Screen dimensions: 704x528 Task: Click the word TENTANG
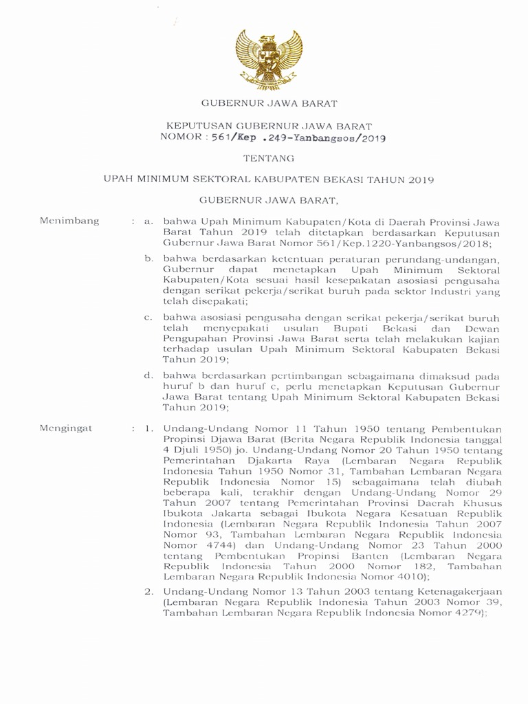[x=269, y=158]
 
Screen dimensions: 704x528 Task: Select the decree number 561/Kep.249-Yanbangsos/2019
[x=298, y=137]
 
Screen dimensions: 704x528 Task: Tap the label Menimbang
[x=69, y=221]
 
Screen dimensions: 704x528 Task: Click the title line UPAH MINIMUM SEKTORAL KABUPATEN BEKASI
[x=269, y=179]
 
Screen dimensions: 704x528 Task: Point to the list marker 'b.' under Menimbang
[x=148, y=258]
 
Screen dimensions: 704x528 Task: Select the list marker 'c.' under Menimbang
[x=148, y=318]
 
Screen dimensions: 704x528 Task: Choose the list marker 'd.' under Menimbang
[x=148, y=377]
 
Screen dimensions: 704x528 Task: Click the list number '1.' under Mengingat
[x=148, y=428]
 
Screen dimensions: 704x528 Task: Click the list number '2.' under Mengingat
[x=148, y=591]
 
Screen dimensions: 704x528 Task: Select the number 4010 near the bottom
[x=405, y=575]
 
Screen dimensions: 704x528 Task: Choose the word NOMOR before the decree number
[x=179, y=137]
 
